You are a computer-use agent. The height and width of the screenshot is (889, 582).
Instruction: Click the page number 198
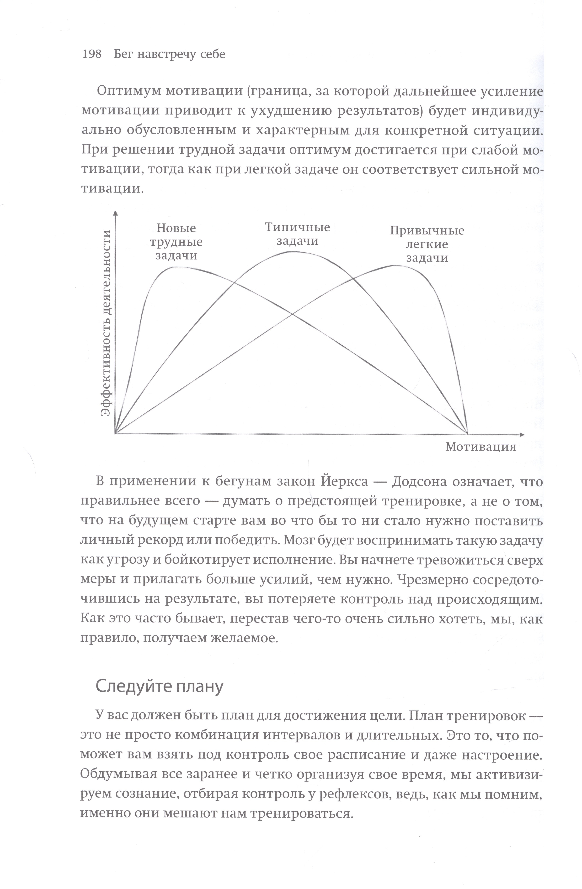tap(92, 55)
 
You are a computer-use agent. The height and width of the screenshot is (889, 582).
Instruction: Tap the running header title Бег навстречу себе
tap(169, 55)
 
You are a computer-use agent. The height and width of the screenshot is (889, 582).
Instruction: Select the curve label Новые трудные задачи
tap(176, 242)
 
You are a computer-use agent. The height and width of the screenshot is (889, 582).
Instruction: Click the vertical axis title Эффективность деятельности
tap(107, 323)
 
